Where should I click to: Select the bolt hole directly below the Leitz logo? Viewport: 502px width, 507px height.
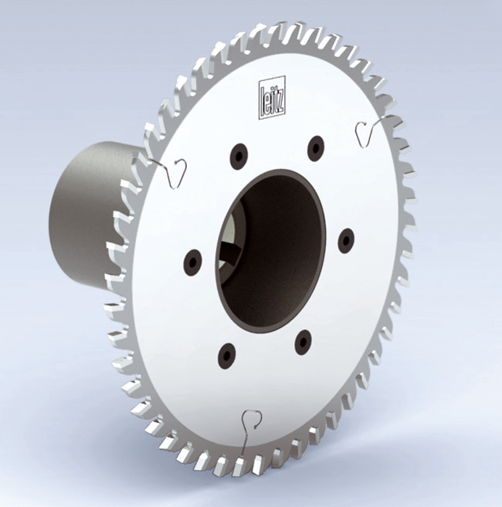click(x=239, y=157)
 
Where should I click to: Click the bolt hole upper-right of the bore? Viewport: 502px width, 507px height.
click(x=315, y=148)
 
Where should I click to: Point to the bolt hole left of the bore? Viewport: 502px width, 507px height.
click(x=192, y=262)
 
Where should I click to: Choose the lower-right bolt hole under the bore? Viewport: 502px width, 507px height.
click(x=304, y=340)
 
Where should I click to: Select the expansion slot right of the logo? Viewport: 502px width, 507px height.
click(x=365, y=133)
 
